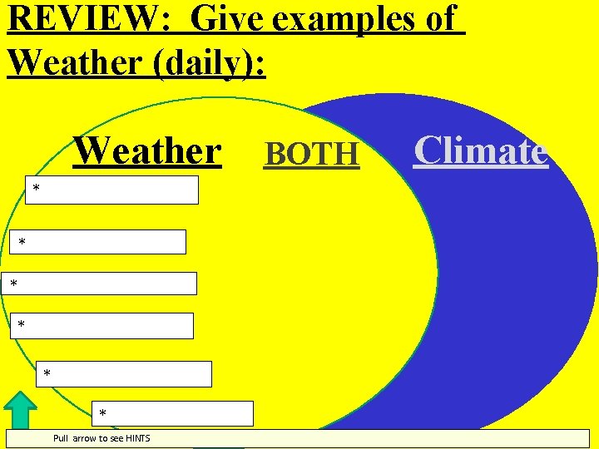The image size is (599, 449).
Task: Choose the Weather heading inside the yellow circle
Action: coord(148,151)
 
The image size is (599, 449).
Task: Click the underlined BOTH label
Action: coord(312,154)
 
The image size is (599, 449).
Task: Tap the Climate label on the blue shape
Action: coord(481,151)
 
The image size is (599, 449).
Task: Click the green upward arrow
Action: coord(21,411)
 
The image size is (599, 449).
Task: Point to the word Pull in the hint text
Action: coord(61,438)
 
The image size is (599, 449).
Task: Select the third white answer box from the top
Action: coord(99,284)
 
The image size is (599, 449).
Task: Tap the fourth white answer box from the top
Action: coord(102,326)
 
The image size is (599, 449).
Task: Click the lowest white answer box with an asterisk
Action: coord(172,413)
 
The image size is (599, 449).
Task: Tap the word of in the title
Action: coord(441,18)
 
